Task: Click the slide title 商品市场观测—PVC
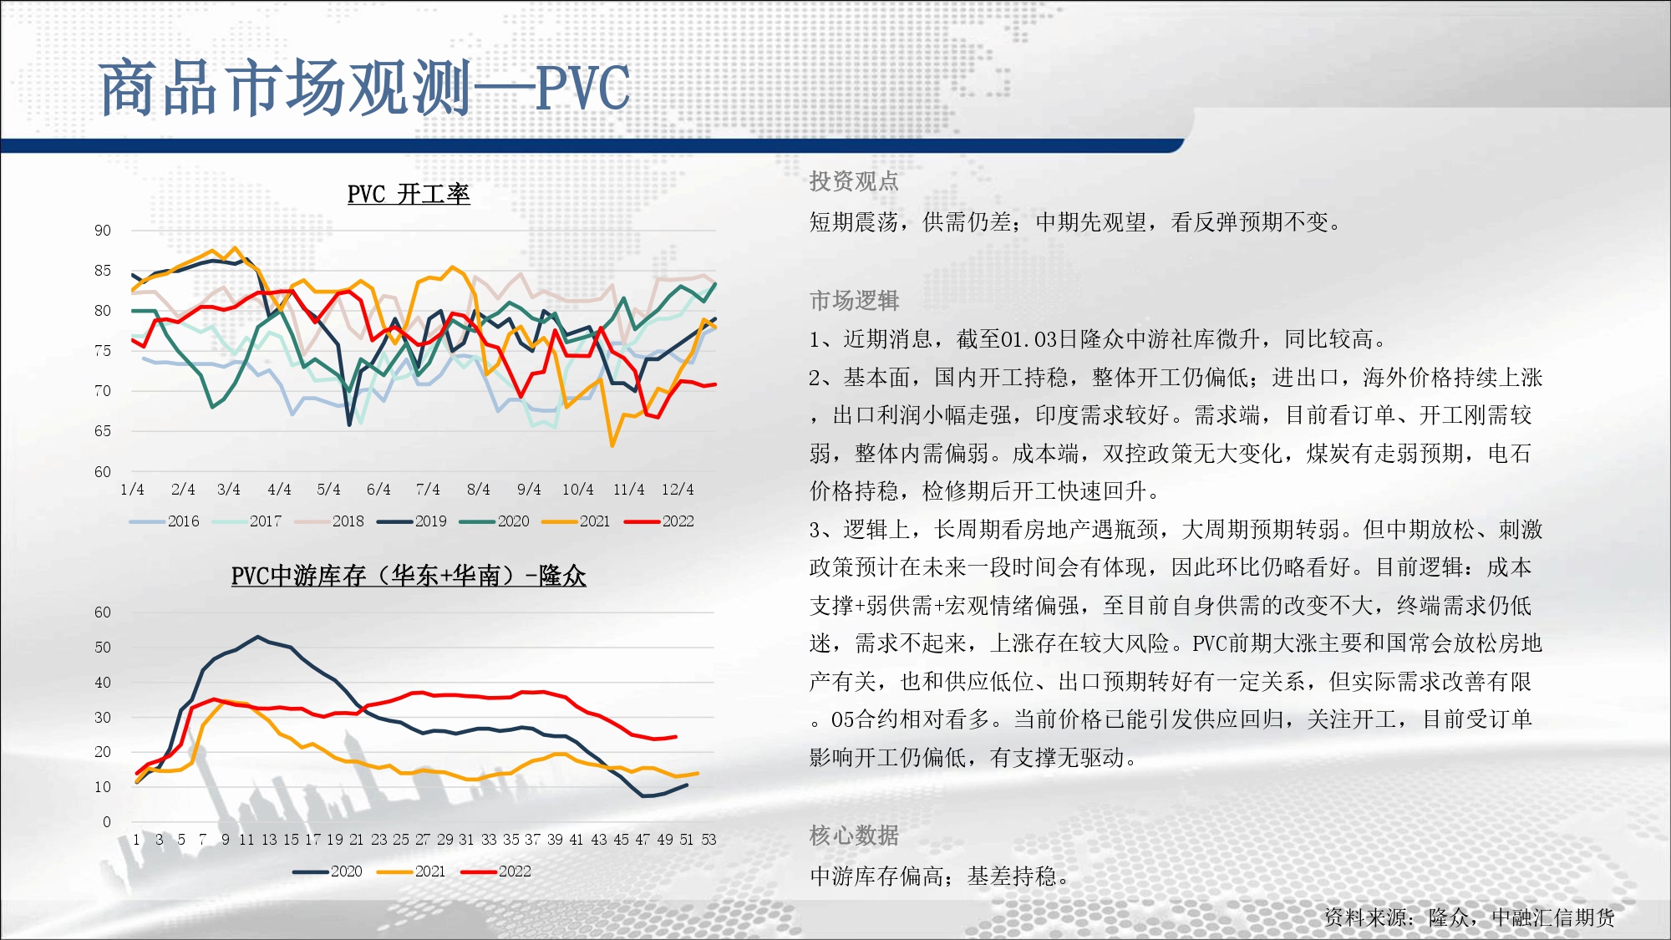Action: [x=364, y=88]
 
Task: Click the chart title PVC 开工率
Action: [x=409, y=194]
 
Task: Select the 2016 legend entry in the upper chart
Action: [x=165, y=521]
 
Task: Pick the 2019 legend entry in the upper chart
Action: [x=412, y=521]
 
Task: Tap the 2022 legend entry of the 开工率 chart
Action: [x=659, y=521]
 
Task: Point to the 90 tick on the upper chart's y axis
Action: [x=102, y=231]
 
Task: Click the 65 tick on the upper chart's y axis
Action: [x=102, y=431]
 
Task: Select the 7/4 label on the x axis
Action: [x=428, y=489]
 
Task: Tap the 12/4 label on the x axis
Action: [x=678, y=489]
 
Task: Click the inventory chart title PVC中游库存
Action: [x=409, y=576]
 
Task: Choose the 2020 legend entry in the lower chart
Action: [x=328, y=871]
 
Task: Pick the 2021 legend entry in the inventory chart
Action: [x=411, y=871]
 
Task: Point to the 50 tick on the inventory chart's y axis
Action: [x=102, y=648]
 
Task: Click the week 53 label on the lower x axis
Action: [x=709, y=840]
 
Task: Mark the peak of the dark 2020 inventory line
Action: [x=258, y=637]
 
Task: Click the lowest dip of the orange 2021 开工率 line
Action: [x=612, y=445]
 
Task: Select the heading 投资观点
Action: [x=854, y=181]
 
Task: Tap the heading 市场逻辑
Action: [x=854, y=300]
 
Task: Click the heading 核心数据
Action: [x=854, y=835]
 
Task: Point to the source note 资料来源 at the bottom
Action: [x=1469, y=917]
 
